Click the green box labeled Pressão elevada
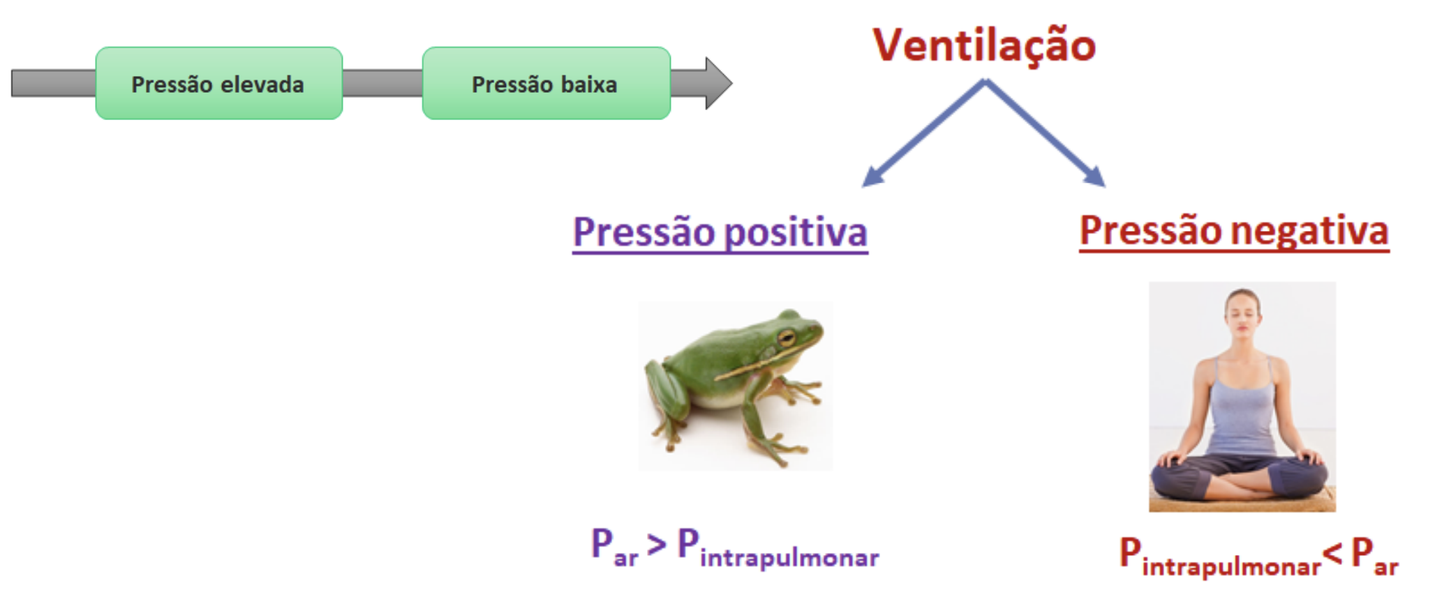219,83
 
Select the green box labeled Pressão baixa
547,83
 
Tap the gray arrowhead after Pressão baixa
718,83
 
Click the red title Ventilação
984,45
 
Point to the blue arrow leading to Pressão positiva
923,133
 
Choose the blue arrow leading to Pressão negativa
1045,133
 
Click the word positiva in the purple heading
796,233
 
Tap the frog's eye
787,338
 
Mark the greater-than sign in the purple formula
656,545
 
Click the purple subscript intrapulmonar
789,558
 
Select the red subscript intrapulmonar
1231,566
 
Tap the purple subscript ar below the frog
626,559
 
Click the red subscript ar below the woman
1386,568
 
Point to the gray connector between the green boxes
382,83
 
